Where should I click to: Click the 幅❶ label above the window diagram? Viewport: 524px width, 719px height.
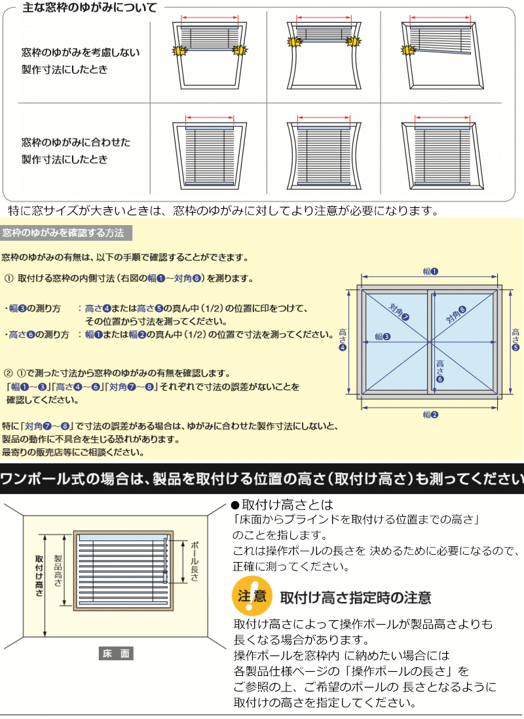tap(430, 271)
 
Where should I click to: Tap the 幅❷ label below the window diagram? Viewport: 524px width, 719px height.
tap(430, 415)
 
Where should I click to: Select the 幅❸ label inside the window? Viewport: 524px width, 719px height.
tap(382, 336)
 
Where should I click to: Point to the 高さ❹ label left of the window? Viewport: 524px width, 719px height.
tap(343, 340)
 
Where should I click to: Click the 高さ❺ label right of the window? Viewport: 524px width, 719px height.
tap(515, 340)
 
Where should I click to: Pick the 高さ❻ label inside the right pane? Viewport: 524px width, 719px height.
tap(440, 371)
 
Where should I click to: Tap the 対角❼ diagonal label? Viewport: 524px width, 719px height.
tap(399, 312)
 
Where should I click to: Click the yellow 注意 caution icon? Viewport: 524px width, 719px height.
tap(252, 595)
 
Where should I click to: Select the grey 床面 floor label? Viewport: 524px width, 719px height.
tap(116, 654)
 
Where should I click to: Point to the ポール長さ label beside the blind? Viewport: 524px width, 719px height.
tap(195, 561)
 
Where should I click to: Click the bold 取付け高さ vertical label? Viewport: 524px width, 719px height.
tap(39, 576)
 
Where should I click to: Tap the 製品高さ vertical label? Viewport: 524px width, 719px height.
tap(58, 570)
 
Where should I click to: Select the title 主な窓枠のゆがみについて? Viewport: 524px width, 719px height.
tap(90, 7)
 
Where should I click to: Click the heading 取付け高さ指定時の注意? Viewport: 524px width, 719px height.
tap(356, 597)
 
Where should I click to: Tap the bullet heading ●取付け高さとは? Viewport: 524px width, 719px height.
tap(282, 504)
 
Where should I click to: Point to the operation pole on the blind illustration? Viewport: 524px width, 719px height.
tap(166, 560)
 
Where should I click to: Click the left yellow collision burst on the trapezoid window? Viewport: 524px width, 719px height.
tap(179, 50)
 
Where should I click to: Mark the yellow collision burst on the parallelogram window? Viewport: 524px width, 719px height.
tap(408, 50)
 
